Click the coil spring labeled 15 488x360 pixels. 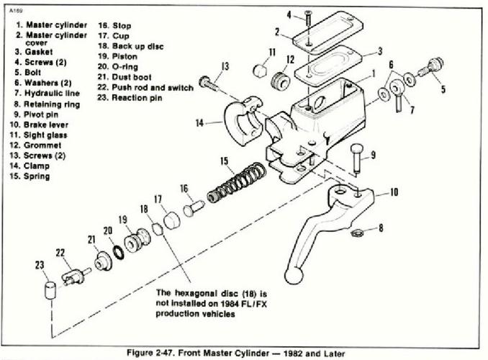pos(237,183)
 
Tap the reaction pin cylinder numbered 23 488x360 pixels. pos(50,291)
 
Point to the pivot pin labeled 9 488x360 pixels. pos(357,158)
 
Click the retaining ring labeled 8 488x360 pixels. pos(357,233)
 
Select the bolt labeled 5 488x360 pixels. pos(432,67)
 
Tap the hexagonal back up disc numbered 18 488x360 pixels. pos(158,230)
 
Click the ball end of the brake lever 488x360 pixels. pos(294,276)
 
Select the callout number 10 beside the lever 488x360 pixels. pos(394,192)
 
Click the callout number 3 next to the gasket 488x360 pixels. pos(380,51)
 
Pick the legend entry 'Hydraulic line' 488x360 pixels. pos(52,93)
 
